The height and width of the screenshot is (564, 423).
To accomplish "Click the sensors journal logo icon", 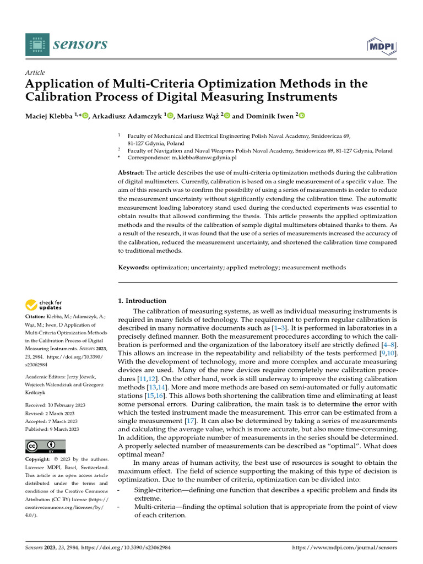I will [x=37, y=44].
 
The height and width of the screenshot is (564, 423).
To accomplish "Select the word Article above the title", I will [x=35, y=73].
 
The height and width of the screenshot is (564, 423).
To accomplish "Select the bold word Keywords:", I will [x=134, y=267].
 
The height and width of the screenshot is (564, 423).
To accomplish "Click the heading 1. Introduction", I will [x=143, y=301].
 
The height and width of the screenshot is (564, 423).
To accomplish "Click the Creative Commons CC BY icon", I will [x=45, y=446].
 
